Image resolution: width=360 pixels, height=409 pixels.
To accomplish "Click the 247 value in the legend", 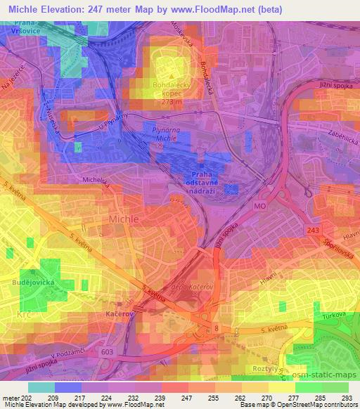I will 188,398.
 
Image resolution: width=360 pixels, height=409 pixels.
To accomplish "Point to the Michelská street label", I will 97,181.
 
